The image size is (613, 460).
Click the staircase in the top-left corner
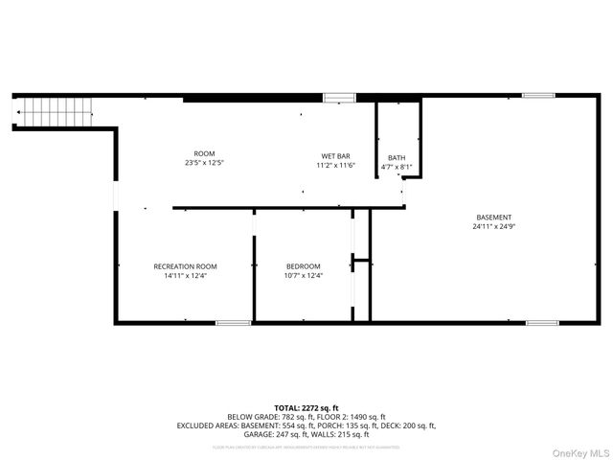tap(56, 113)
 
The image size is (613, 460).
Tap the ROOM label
tap(204, 153)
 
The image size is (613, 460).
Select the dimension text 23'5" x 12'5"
tap(204, 164)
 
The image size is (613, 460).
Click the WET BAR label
tap(335, 155)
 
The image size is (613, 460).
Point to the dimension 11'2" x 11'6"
tap(335, 166)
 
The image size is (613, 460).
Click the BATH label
tap(397, 158)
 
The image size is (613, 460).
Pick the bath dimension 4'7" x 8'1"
tap(397, 168)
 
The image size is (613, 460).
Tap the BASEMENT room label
tap(494, 217)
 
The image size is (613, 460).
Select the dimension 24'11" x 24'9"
tap(494, 227)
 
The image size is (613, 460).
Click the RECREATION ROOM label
tap(185, 265)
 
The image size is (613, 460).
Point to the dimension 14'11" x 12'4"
tap(185, 276)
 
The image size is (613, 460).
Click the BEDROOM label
tap(303, 265)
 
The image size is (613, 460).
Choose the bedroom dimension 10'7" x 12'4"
tap(303, 276)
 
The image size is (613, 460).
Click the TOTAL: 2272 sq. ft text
tap(306, 408)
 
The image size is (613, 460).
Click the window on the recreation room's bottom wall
tap(233, 323)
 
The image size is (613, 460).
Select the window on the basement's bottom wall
tap(542, 323)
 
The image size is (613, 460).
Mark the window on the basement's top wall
tap(538, 95)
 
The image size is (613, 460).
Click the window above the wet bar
tap(339, 97)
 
